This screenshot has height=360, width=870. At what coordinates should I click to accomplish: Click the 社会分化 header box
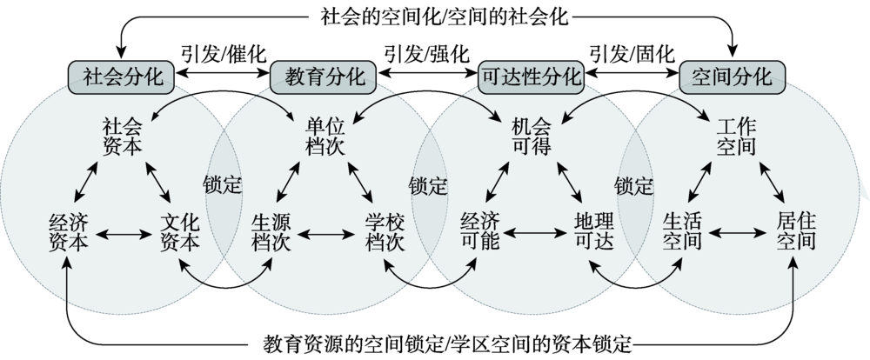[x=123, y=77]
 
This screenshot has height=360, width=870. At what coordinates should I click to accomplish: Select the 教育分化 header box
[x=325, y=77]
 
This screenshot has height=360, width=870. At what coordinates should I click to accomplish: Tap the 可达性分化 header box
[x=530, y=77]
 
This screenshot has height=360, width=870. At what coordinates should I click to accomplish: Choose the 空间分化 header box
[x=732, y=77]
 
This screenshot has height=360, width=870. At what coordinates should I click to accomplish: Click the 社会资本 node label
[x=121, y=137]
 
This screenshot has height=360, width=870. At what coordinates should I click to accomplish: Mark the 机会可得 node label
[x=531, y=137]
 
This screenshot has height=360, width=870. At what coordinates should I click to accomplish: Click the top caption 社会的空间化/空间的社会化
[x=435, y=14]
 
